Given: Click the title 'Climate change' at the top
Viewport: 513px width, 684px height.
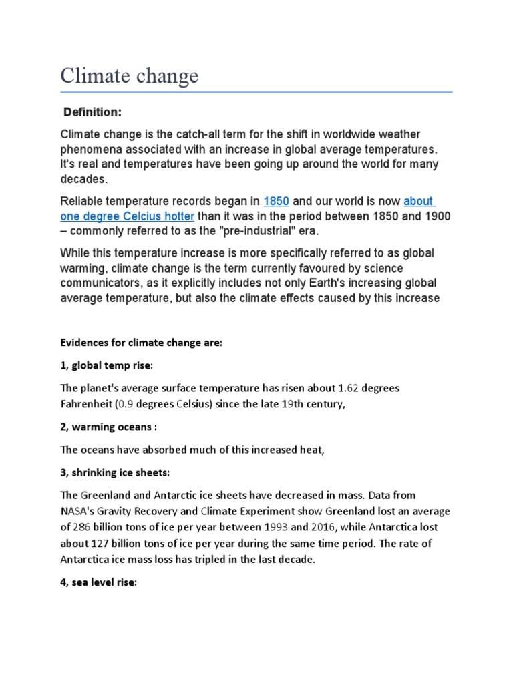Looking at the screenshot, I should (129, 76).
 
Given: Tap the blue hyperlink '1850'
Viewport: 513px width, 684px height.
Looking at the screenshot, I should (277, 201).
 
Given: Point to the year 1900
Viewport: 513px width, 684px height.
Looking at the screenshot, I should (436, 216).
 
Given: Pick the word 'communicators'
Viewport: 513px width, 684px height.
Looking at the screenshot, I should (100, 283).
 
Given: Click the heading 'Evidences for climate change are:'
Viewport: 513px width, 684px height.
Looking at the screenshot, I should (141, 342).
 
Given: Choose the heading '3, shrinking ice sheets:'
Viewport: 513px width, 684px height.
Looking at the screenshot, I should (116, 472).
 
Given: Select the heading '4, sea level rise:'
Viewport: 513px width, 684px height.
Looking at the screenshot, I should (98, 582).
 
